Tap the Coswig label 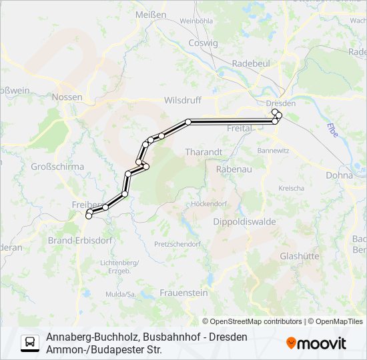204,43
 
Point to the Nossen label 67,97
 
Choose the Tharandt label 204,152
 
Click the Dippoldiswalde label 244,221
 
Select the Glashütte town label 300,256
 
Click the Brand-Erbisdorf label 80,238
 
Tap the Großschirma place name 57,167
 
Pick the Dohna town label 340,175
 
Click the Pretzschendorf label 177,244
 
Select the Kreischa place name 292,189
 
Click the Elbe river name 332,129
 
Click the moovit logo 316,343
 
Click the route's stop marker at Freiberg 89,215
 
